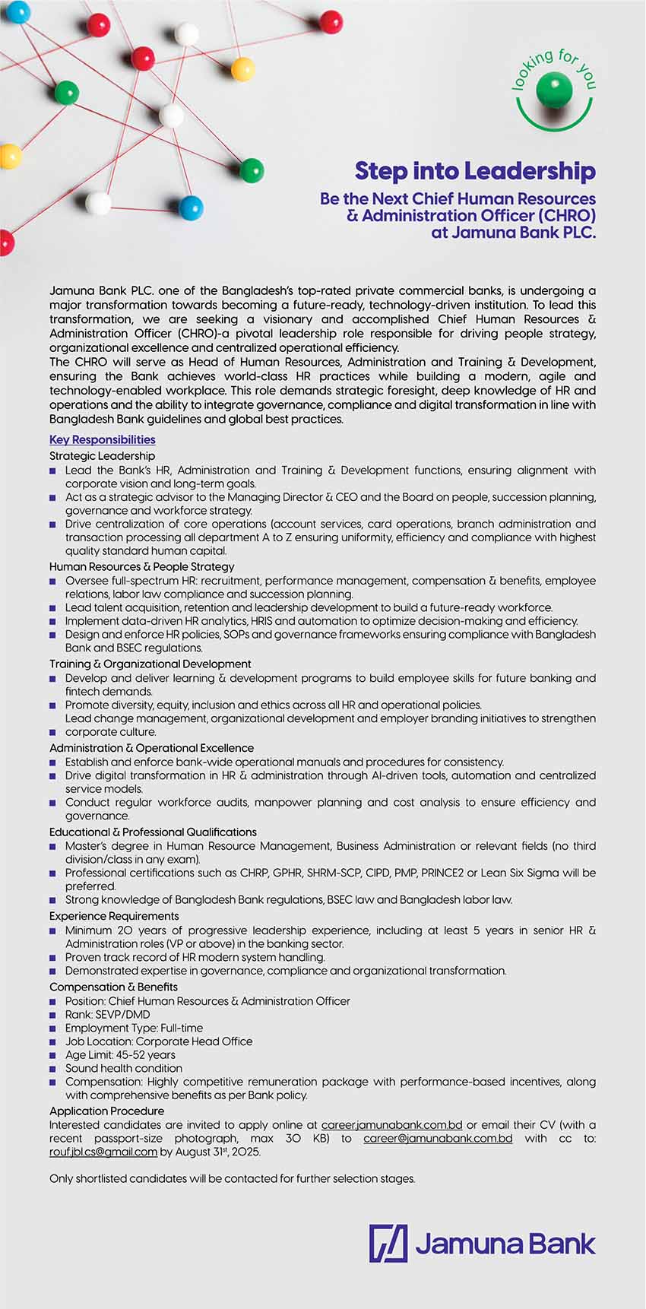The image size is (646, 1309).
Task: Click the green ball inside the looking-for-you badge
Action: [x=553, y=91]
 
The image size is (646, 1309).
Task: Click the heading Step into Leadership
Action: [x=475, y=171]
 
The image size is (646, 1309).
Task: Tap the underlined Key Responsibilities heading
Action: [x=103, y=439]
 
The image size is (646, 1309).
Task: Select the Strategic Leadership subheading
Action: [x=102, y=456]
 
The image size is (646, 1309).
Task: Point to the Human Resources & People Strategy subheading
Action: [x=142, y=566]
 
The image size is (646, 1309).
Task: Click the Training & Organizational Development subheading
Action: [x=150, y=664]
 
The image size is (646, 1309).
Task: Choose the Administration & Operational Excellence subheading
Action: [x=151, y=748]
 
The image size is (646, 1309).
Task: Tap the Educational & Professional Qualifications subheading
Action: [x=153, y=832]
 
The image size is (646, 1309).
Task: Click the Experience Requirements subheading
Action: [x=114, y=916]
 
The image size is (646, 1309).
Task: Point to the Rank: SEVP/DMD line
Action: [x=107, y=1014]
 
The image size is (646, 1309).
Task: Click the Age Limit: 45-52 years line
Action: [x=120, y=1054]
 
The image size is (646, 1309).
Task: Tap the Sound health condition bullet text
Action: [x=124, y=1068]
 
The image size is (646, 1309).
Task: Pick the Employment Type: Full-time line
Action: [x=134, y=1028]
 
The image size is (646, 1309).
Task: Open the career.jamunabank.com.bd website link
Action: [x=391, y=1124]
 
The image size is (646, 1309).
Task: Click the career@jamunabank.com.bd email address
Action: [x=438, y=1138]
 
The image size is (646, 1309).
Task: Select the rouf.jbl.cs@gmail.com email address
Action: [x=103, y=1152]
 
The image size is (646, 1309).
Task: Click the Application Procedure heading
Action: [x=106, y=1111]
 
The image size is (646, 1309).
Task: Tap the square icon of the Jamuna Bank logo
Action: [x=388, y=1243]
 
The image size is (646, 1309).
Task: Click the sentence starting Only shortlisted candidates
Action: [x=233, y=1178]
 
